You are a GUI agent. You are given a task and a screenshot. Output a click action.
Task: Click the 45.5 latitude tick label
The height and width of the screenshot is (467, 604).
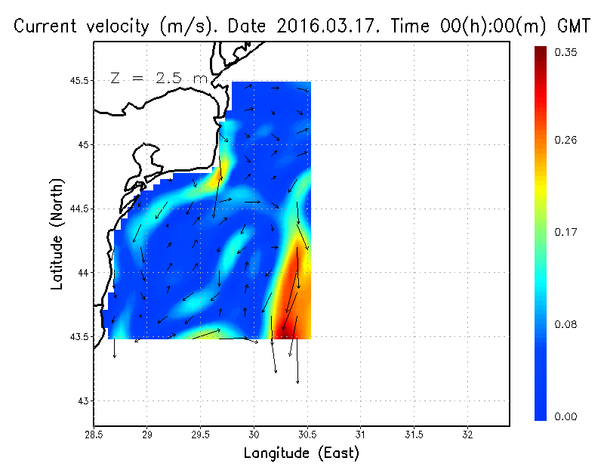point(77,80)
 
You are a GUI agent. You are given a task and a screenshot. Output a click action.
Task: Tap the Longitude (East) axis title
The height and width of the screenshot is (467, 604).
point(301,453)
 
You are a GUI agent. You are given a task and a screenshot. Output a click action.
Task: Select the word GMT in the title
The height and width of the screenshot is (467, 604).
point(574,27)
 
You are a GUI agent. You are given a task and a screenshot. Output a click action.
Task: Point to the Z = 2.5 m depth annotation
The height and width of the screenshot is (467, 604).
point(159,77)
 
